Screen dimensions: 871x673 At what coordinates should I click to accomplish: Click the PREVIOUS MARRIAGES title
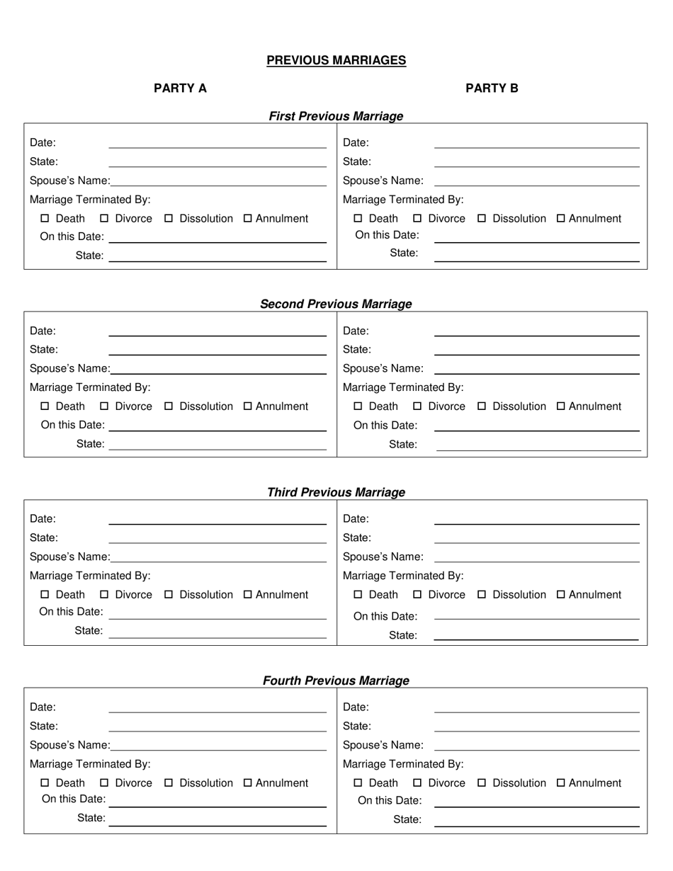(x=336, y=60)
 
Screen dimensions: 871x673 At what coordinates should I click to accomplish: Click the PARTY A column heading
(x=180, y=88)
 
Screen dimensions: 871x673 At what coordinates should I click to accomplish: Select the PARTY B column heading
(x=492, y=88)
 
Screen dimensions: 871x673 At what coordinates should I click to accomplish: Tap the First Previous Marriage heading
(x=336, y=116)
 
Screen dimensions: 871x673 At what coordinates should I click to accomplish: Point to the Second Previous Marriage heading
(x=336, y=304)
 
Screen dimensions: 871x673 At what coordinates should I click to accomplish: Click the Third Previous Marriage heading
(x=336, y=492)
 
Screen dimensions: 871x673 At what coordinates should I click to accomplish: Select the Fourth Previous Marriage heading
(x=336, y=681)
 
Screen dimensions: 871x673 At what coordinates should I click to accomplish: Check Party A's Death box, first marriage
(x=45, y=219)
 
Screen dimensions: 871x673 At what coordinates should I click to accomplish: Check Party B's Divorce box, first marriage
(x=417, y=219)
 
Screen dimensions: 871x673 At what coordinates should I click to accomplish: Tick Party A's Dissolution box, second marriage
(x=169, y=406)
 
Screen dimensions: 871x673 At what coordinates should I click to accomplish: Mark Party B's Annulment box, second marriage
(x=561, y=406)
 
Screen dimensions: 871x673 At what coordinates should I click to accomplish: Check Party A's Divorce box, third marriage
(x=104, y=595)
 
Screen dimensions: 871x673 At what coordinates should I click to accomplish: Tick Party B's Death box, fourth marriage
(x=358, y=783)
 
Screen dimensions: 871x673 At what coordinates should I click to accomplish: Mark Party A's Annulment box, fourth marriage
(x=248, y=783)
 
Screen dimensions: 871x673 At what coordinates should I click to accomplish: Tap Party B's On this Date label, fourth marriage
(x=390, y=800)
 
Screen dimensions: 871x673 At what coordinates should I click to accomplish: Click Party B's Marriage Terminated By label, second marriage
(x=403, y=387)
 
